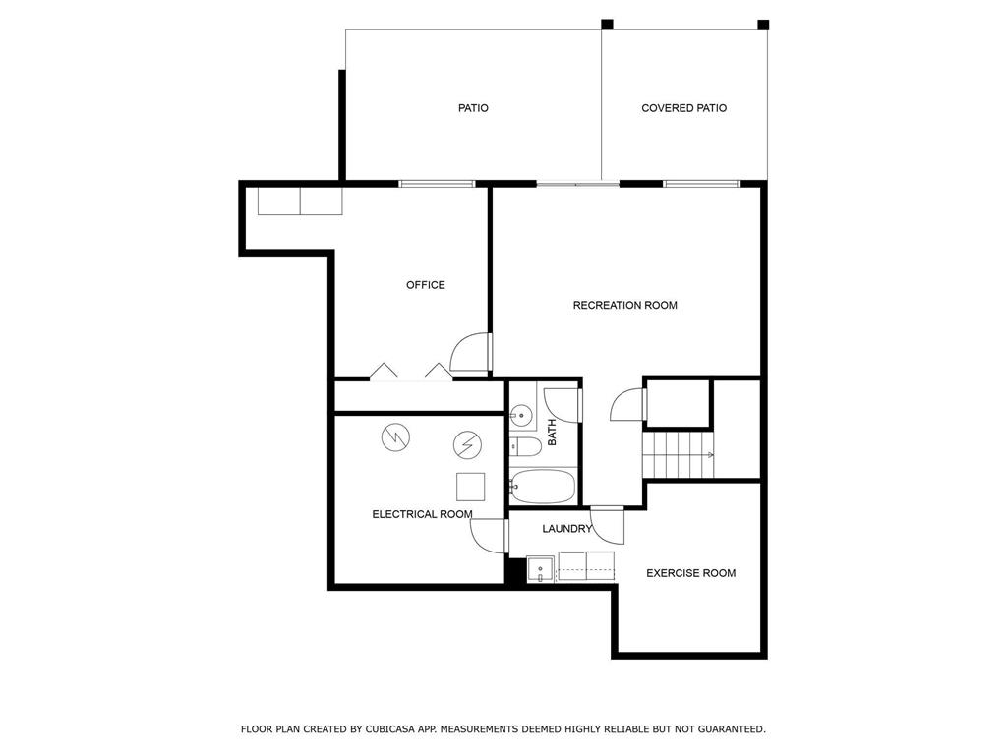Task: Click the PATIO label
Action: point(473,108)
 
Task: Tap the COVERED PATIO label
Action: point(684,108)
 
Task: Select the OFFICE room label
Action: point(425,285)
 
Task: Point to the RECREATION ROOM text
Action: point(624,305)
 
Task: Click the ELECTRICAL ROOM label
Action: point(422,514)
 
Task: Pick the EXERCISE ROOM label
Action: point(690,573)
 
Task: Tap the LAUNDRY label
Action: point(566,529)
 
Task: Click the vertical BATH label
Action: point(552,433)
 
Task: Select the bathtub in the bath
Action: point(543,487)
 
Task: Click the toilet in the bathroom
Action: point(525,446)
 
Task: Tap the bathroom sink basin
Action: point(522,415)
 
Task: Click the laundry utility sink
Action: point(541,569)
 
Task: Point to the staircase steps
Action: point(679,454)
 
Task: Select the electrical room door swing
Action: point(488,536)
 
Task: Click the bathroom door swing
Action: point(563,405)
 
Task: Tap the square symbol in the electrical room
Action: point(471,487)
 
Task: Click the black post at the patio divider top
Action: point(607,25)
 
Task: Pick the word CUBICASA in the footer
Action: point(388,729)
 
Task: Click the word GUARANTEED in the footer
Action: point(732,729)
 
